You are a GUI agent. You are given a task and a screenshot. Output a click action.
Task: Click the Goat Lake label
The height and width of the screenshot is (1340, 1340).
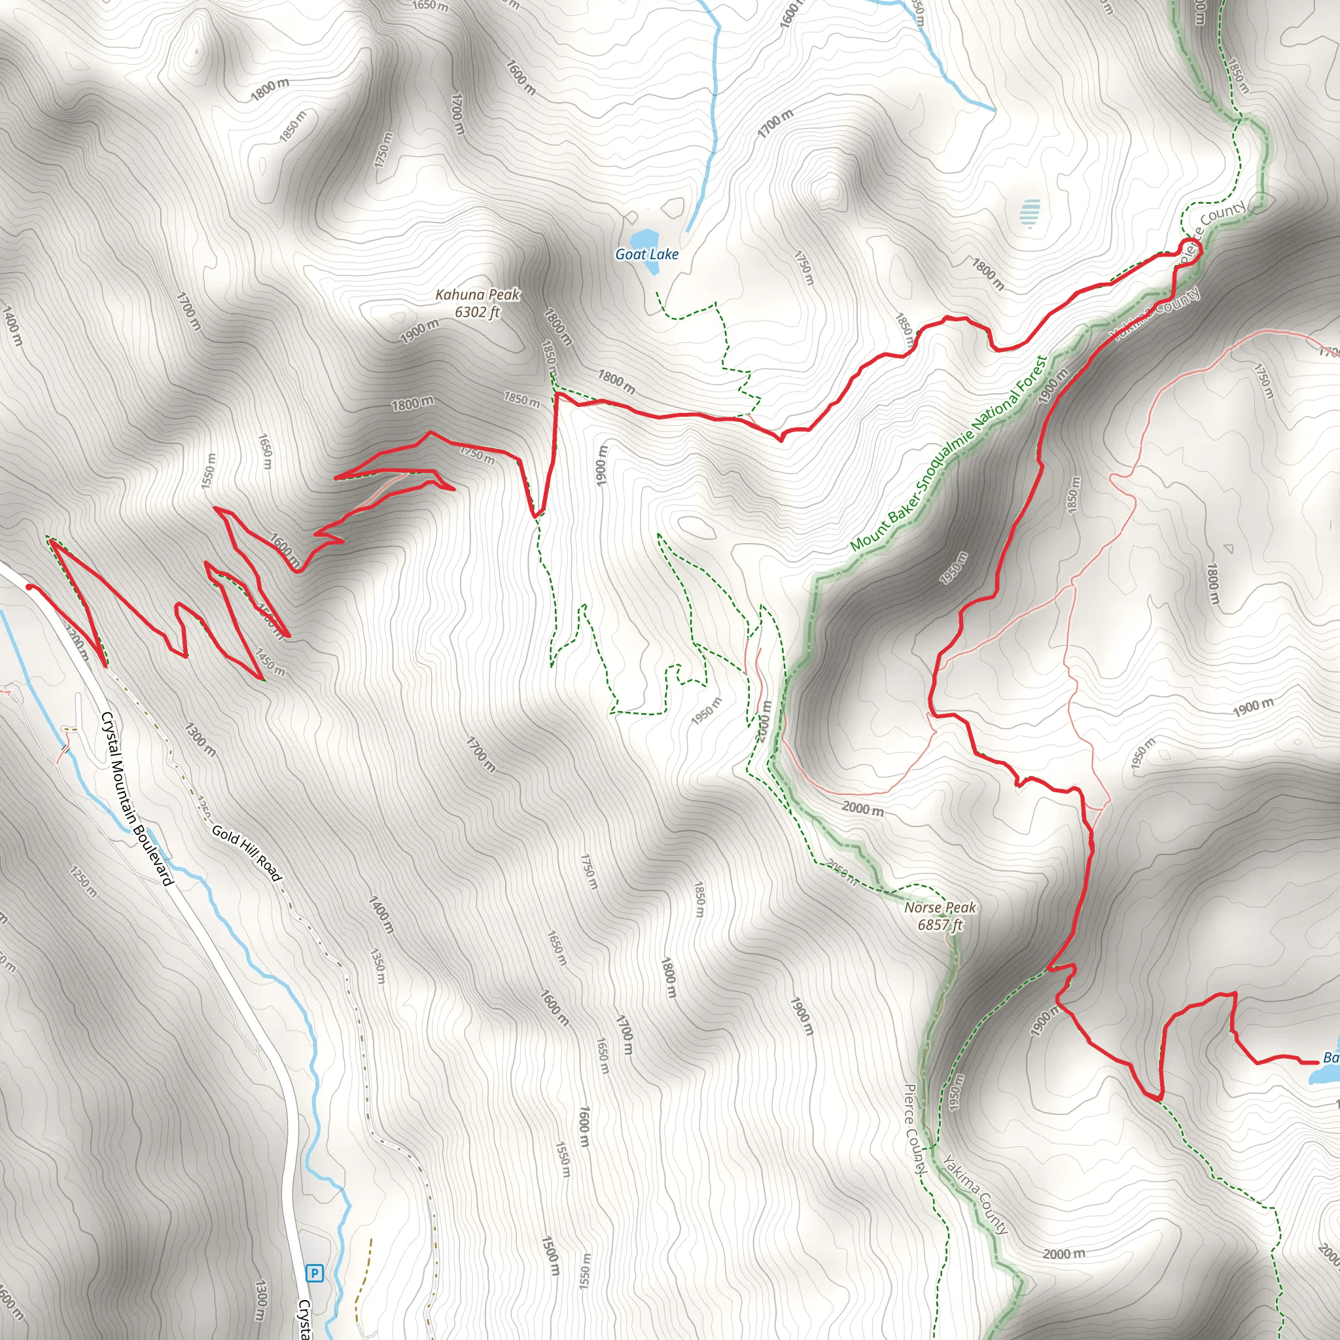click(x=646, y=255)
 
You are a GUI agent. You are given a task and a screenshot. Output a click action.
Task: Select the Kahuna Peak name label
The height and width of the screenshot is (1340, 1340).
click(x=477, y=295)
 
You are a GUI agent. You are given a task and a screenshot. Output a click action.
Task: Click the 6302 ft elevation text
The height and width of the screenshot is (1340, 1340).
click(x=477, y=312)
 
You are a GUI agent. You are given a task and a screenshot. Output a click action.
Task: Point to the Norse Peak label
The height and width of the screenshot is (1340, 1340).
click(x=940, y=908)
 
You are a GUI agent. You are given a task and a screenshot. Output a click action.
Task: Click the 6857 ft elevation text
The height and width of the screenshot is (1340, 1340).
click(x=940, y=925)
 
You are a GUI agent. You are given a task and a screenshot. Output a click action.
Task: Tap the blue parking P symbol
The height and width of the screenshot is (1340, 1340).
click(x=315, y=1273)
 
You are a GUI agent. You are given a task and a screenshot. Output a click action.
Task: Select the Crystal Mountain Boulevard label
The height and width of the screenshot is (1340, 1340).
click(x=137, y=798)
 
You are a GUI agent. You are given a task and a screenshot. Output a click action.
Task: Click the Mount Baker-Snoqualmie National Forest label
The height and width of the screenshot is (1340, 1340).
click(x=949, y=454)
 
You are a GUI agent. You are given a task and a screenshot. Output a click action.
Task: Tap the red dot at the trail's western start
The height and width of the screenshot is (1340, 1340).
click(x=30, y=588)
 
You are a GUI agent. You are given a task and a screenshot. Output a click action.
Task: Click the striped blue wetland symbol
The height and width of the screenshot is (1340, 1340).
click(x=1031, y=213)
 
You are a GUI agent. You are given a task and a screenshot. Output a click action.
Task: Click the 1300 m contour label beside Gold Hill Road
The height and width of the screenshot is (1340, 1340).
click(x=200, y=739)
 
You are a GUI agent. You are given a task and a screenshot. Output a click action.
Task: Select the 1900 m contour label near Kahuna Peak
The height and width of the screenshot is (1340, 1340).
click(x=419, y=332)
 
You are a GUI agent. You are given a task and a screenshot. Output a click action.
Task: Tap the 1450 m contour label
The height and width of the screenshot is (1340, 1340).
click(x=269, y=663)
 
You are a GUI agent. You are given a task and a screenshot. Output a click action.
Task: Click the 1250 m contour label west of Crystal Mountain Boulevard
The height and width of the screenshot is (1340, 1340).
click(x=84, y=881)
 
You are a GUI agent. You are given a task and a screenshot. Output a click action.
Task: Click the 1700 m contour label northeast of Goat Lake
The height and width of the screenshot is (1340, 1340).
click(x=775, y=124)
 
